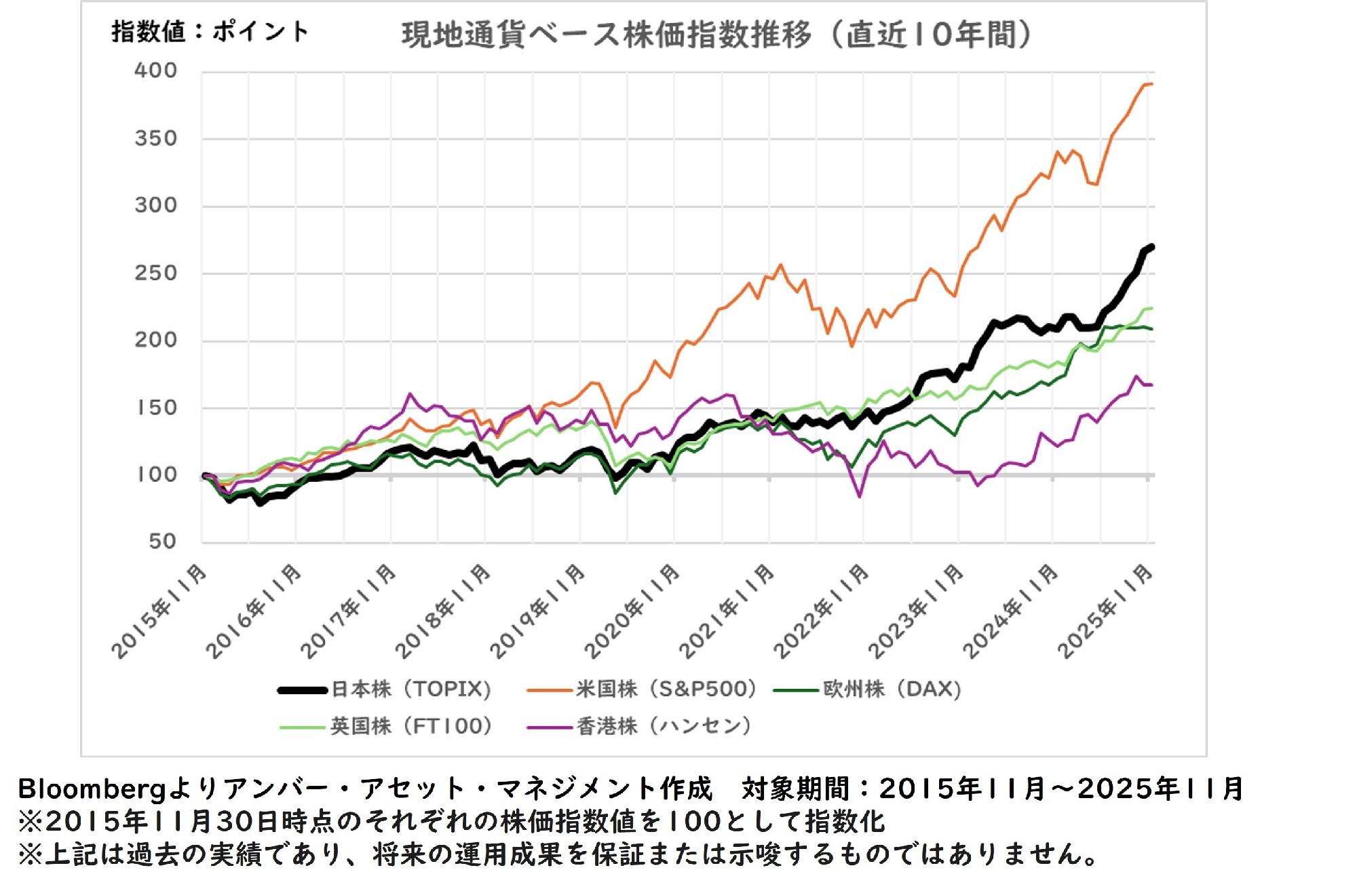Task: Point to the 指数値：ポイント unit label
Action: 210,31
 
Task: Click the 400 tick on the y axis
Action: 155,71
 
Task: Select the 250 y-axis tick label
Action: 155,273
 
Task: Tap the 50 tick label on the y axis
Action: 162,542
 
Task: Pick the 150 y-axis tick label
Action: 157,408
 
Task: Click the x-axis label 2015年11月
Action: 160,611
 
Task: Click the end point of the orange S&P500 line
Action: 1151,84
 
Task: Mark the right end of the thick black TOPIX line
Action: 1151,247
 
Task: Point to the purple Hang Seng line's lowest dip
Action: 860,496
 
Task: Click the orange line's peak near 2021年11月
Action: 780,265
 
